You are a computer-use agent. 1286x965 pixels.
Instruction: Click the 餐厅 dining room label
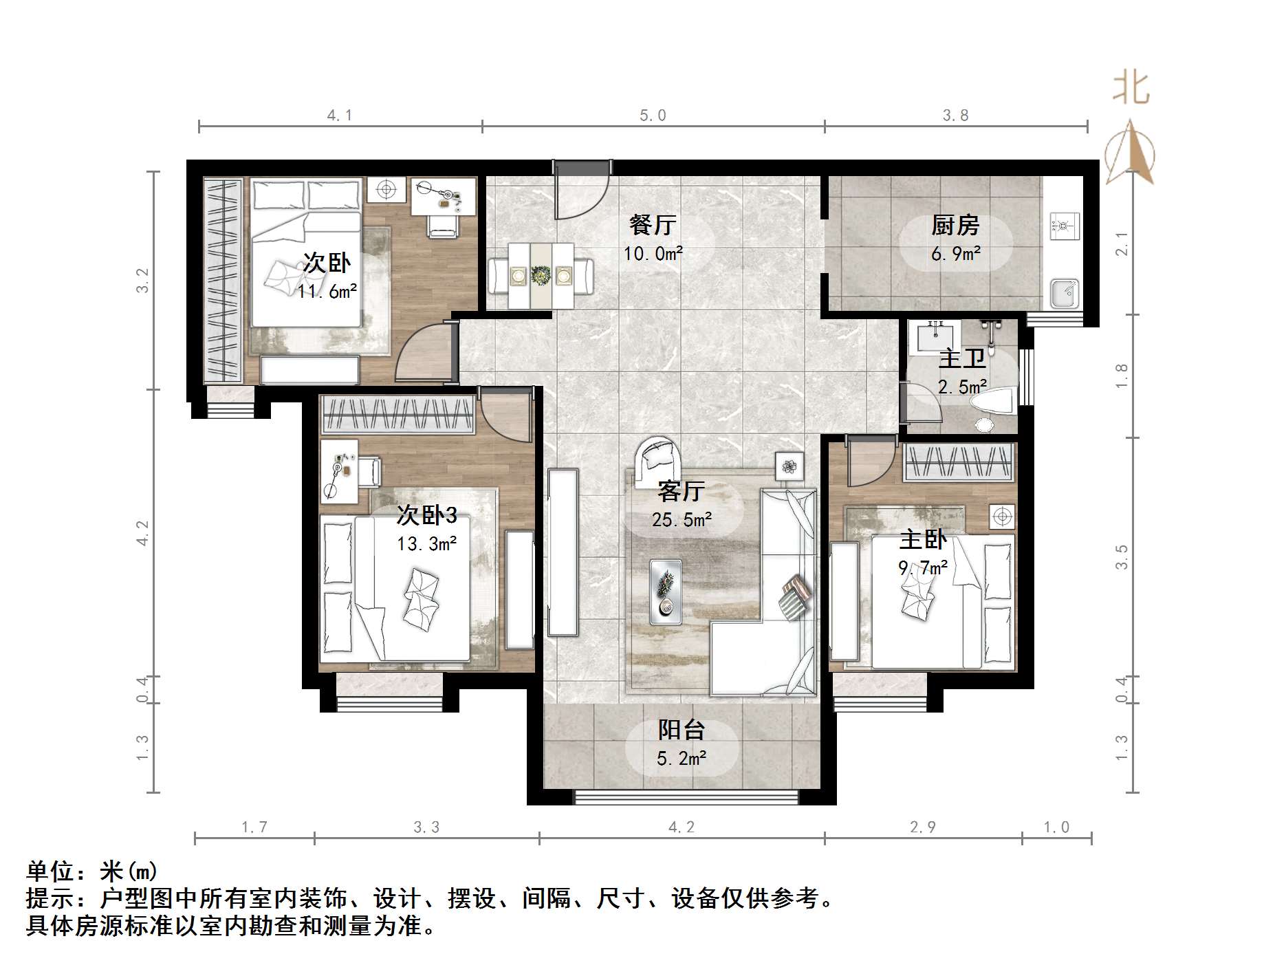click(653, 224)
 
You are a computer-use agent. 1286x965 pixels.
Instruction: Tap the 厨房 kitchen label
click(955, 224)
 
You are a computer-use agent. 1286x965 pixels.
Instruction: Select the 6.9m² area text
click(955, 254)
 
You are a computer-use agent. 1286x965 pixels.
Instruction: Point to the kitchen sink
click(1065, 293)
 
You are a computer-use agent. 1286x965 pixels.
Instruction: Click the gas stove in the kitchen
click(1065, 224)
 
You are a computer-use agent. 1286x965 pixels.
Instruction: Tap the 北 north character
click(1131, 89)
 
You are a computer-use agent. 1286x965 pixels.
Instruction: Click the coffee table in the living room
click(666, 592)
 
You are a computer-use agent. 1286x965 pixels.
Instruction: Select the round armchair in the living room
click(657, 457)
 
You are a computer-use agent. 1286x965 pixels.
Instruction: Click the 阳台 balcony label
click(681, 730)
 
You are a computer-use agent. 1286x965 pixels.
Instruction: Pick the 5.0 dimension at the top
click(653, 116)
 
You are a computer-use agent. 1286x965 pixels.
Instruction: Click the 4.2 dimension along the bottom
click(681, 827)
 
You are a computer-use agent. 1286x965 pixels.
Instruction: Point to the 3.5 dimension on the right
click(1122, 556)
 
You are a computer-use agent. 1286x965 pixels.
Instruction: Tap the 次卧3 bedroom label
click(426, 514)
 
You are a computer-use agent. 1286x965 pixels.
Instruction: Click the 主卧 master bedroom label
click(923, 539)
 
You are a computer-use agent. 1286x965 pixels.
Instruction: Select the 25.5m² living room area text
click(682, 520)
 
